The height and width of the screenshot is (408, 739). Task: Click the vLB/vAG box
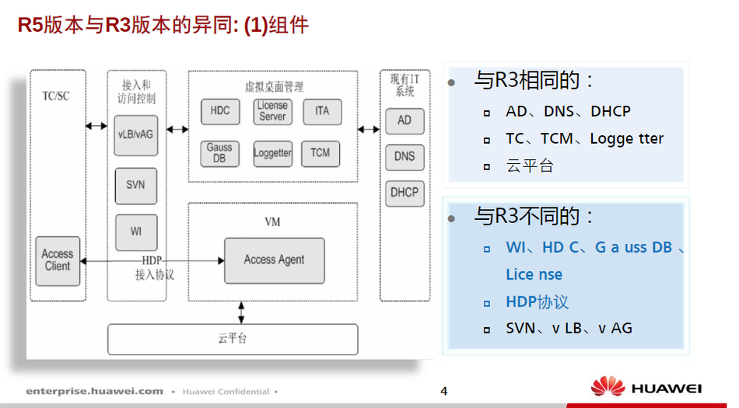point(135,134)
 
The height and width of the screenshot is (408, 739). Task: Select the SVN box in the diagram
point(135,186)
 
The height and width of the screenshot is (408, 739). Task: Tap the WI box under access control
point(135,232)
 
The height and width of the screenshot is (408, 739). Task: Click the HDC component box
point(220,111)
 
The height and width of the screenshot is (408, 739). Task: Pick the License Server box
point(272,111)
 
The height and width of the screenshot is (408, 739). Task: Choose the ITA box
point(322,111)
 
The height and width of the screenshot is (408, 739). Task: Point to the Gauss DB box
point(219,153)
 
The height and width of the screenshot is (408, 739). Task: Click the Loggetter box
point(272,153)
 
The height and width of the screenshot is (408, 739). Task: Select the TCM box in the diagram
point(320,153)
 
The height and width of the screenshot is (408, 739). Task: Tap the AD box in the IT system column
point(405,120)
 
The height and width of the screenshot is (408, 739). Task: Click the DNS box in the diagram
point(405,156)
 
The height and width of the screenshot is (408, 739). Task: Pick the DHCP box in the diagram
point(405,193)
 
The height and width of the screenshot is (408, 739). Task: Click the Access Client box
point(58,260)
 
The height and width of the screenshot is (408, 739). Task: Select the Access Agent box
point(274,260)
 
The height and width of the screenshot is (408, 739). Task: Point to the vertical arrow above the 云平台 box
point(241,312)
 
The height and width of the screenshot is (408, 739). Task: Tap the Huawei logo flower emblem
point(608,387)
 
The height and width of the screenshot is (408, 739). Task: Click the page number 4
point(444,391)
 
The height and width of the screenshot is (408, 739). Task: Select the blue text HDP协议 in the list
point(537,302)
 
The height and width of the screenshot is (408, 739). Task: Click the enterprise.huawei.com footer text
point(94,391)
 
